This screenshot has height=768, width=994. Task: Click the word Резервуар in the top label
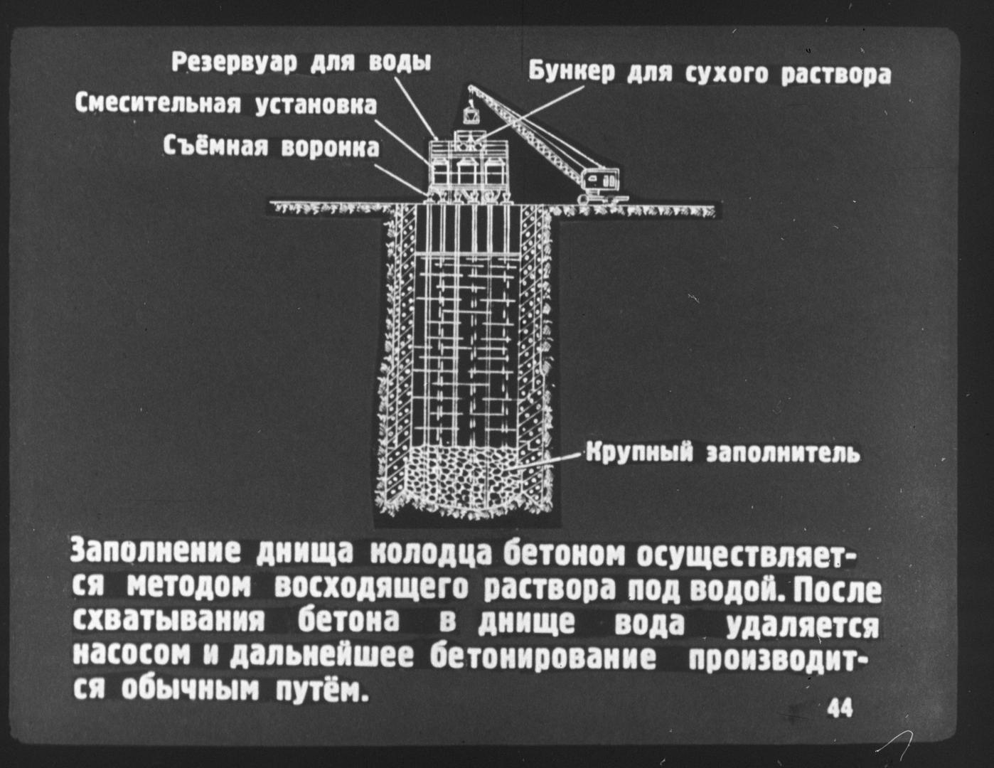click(x=234, y=63)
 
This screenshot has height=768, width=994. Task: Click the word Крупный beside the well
click(x=639, y=453)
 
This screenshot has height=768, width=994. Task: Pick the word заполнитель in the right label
click(x=784, y=454)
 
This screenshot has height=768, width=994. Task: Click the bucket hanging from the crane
click(x=470, y=116)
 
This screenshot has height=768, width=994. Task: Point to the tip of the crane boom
click(x=470, y=87)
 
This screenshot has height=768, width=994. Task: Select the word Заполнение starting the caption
click(x=156, y=552)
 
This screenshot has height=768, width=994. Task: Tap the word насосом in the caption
click(x=132, y=656)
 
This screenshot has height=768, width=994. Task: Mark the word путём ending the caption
click(x=322, y=692)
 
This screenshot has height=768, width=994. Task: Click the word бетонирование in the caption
click(x=543, y=656)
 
